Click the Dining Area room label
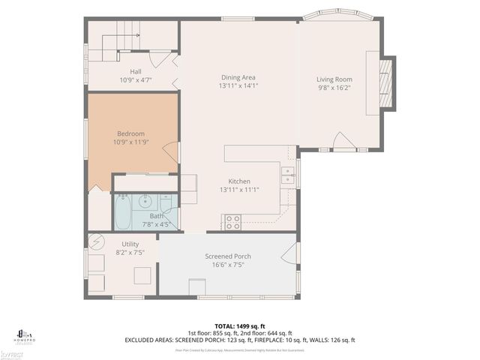238,77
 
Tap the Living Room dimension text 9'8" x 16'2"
334,88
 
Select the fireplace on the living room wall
386,82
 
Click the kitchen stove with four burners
232,222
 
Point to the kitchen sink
287,175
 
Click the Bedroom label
130,133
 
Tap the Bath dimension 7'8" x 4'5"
155,223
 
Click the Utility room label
130,244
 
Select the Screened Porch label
228,256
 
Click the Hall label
136,71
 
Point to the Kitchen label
239,181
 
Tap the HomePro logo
25,335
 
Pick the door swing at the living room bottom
344,141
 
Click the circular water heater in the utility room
96,242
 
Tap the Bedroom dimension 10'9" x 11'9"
130,142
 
